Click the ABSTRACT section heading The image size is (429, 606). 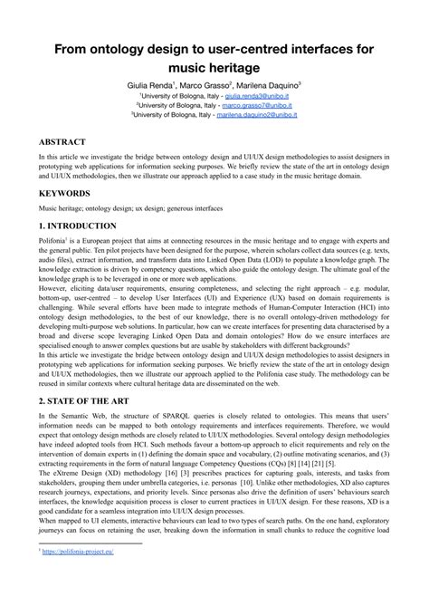coord(62,143)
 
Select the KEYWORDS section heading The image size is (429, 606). coord(65,194)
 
